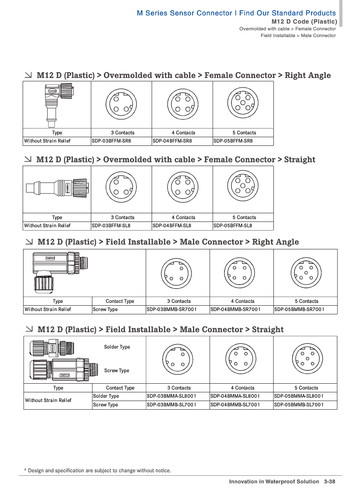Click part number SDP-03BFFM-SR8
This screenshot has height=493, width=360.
[111, 141]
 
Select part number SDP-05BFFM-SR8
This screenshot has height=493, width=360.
[233, 141]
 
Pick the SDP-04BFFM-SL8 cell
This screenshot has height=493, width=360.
[172, 225]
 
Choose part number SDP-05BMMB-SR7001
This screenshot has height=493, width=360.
[299, 309]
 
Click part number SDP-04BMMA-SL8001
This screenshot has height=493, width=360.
[235, 396]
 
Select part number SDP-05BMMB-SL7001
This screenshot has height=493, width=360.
[299, 404]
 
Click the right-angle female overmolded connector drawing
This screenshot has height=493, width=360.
[56, 104]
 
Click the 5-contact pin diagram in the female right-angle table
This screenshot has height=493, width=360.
[243, 104]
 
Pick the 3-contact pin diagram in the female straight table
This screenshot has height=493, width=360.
[121, 188]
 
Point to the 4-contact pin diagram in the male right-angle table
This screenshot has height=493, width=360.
[241, 272]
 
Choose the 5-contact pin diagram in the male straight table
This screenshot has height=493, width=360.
[305, 359]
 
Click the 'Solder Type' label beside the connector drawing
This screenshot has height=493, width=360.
[117, 347]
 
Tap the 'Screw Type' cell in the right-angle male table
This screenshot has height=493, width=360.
[105, 309]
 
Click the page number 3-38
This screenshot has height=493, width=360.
[330, 481]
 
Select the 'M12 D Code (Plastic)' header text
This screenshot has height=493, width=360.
[304, 22]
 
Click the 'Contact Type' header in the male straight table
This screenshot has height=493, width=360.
[120, 388]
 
